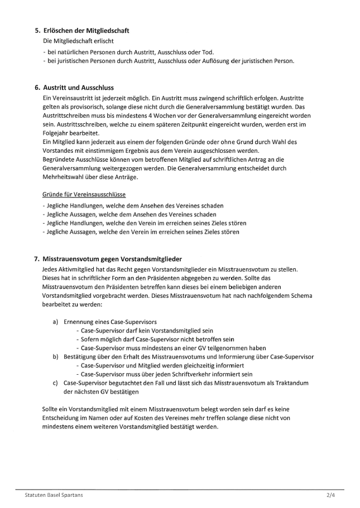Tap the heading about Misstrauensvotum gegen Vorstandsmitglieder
[x=112, y=259]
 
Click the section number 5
[x=37, y=30]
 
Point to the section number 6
[x=37, y=88]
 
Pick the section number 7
[x=37, y=259]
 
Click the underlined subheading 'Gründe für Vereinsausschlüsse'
[x=84, y=194]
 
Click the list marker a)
[x=55, y=322]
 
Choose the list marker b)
[x=55, y=356]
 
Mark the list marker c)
[x=55, y=383]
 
